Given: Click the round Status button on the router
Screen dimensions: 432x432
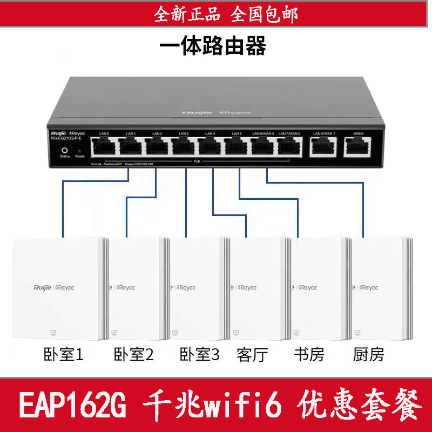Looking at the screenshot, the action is pos(65,151).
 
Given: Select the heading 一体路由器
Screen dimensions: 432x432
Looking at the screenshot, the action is pos(213,46).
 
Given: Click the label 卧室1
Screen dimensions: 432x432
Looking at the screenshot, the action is pos(64,355).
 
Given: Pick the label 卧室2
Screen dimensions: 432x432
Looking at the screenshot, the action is pos(134,355).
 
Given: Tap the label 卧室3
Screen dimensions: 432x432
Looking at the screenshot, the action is pos(200,355).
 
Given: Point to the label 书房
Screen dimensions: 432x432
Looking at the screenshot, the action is pos(309,355).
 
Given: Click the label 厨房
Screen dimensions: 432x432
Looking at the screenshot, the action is pos(368,355).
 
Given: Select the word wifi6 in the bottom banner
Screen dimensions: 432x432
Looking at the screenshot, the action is pos(241,403).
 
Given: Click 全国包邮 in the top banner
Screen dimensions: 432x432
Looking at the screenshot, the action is pos(264,15).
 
